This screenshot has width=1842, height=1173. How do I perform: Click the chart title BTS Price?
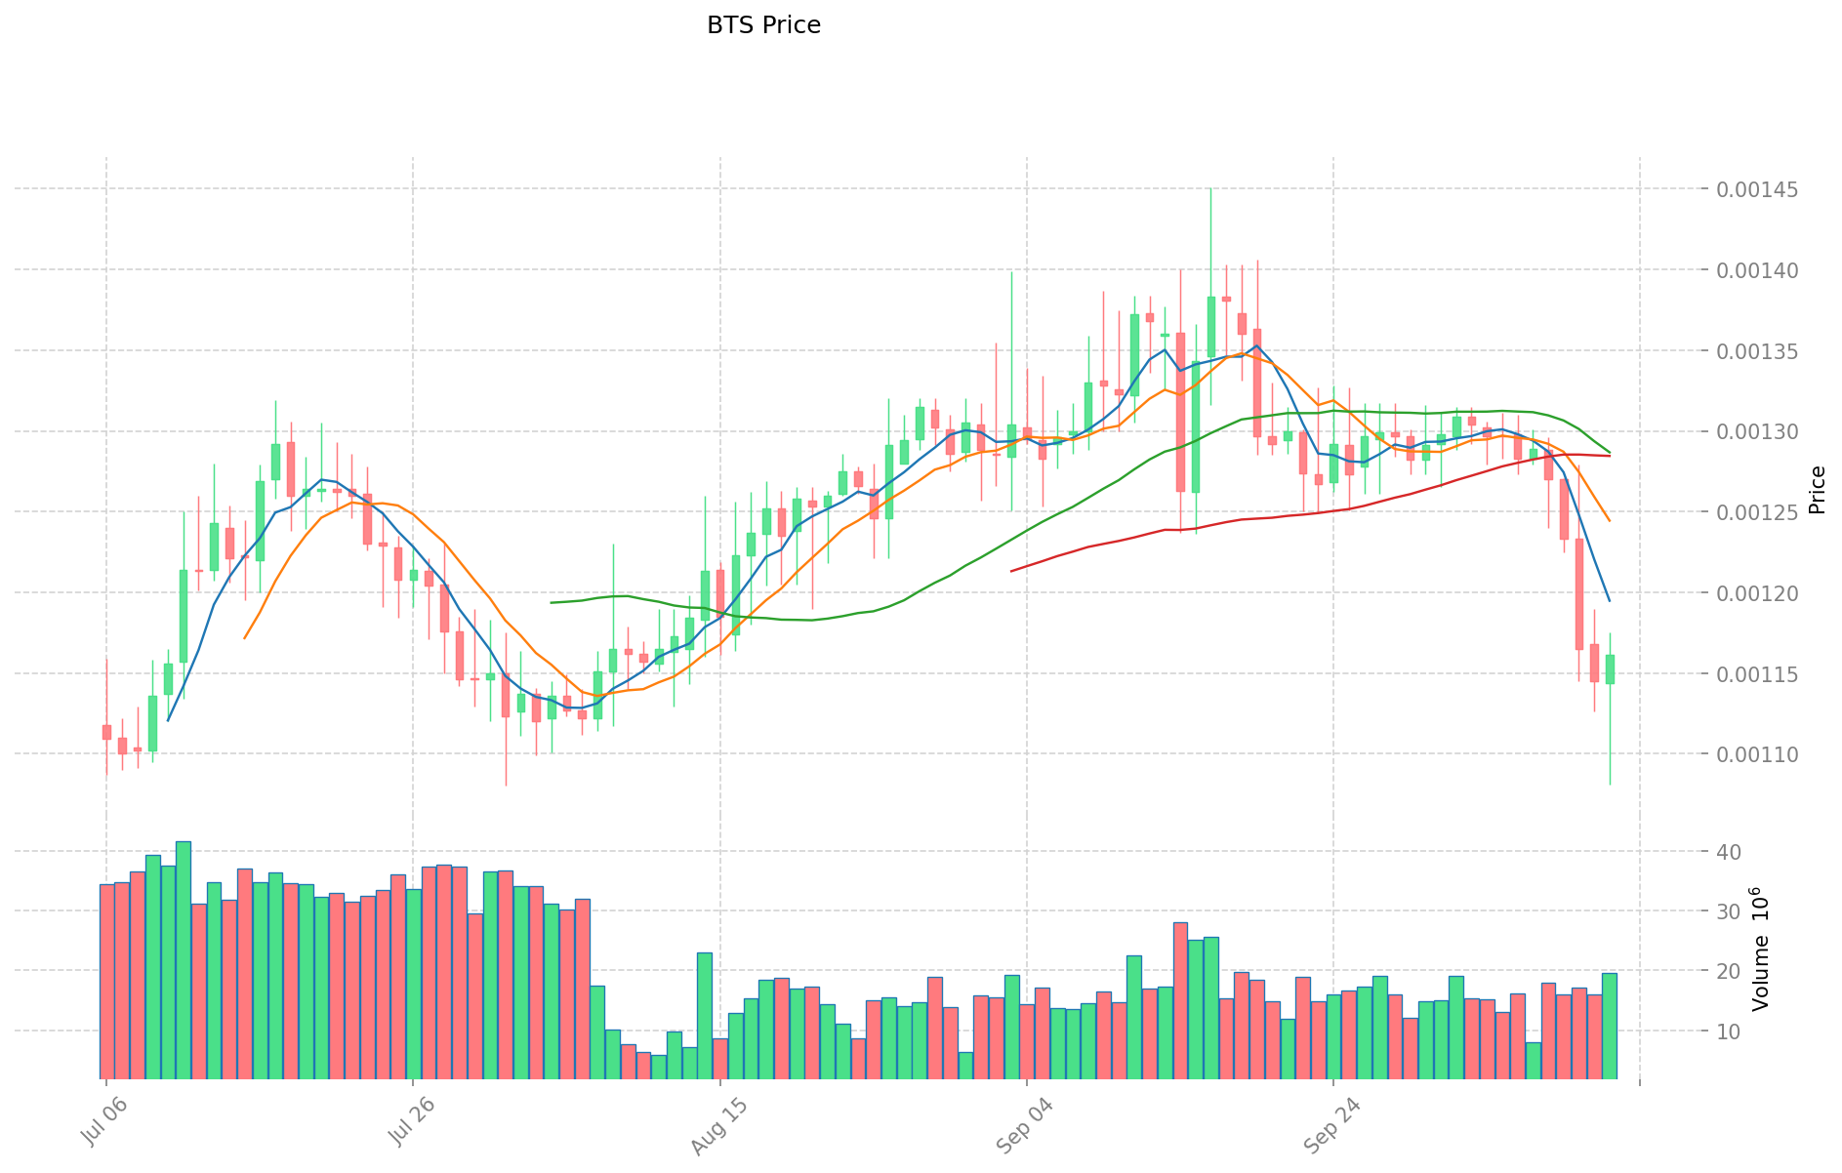[763, 25]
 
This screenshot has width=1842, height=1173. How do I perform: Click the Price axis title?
[1817, 490]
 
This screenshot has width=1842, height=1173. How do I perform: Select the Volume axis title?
[1760, 949]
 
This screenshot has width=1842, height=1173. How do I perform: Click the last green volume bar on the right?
[1610, 1025]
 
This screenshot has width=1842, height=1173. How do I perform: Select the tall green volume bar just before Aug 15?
[705, 1015]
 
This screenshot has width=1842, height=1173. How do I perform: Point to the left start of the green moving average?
[552, 602]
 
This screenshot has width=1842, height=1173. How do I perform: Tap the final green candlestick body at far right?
[1610, 668]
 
